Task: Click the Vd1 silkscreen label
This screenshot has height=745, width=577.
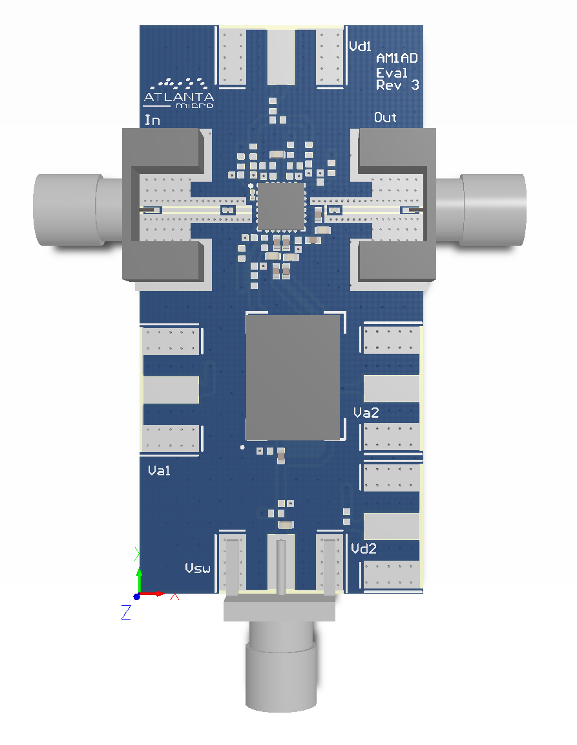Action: pos(360,46)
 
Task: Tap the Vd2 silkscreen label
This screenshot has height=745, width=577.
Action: pos(364,549)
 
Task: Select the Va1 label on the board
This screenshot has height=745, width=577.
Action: pos(159,470)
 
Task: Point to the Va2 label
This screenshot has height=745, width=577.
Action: pos(366,413)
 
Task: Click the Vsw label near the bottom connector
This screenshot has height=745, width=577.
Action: pos(198,568)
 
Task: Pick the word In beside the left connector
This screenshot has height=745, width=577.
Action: pos(152,120)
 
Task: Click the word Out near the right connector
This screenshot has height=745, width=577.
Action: pos(385,117)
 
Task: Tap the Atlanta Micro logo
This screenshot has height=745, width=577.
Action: pos(178,93)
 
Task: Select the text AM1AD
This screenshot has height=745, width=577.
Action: pos(397,58)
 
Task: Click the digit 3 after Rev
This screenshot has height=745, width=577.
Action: pos(415,85)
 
